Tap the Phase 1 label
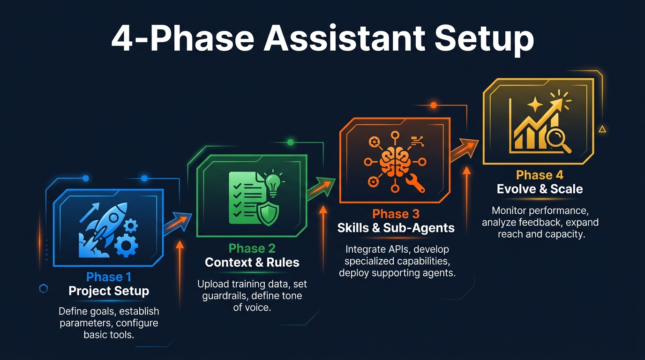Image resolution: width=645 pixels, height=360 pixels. pyautogui.click(x=109, y=277)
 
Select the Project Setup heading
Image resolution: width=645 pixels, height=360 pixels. pyautogui.click(x=109, y=291)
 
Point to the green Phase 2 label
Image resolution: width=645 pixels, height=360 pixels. pyautogui.click(x=252, y=248)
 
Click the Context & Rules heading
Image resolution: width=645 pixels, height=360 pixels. pyautogui.click(x=252, y=262)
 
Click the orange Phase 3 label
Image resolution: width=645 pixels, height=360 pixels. pyautogui.click(x=396, y=214)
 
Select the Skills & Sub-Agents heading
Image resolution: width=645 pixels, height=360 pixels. pyautogui.click(x=396, y=228)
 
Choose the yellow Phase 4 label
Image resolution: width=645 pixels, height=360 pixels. pyautogui.click(x=540, y=175)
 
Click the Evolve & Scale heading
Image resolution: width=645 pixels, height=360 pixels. pyautogui.click(x=540, y=189)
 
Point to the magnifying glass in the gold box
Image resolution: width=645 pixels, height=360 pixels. pyautogui.click(x=561, y=141)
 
